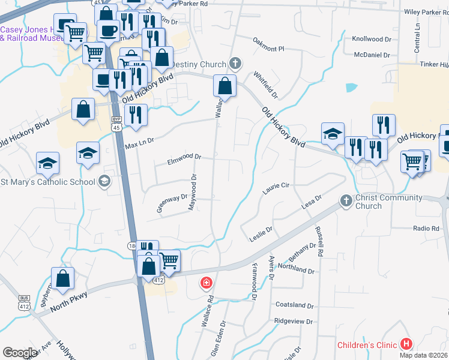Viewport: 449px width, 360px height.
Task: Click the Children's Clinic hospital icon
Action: pos(406,344)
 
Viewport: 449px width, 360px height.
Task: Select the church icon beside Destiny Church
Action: pos(235,64)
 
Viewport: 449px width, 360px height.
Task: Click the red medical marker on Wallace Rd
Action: pos(206,282)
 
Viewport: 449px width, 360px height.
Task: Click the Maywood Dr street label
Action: pos(193,192)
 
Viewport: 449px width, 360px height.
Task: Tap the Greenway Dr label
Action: pos(173,196)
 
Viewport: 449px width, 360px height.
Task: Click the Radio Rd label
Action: pos(426,229)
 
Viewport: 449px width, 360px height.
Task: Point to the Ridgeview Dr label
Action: pos(294,322)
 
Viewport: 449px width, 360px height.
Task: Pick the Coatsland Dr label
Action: pos(294,305)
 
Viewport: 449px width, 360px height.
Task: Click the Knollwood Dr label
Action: pos(371,39)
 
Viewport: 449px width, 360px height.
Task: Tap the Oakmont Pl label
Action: pos(268,43)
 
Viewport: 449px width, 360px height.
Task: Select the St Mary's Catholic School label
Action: pos(48,182)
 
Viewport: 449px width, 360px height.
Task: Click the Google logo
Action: pos(20,353)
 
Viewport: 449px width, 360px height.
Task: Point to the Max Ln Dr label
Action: pos(139,143)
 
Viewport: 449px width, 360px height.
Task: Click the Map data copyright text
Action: pos(423,355)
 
